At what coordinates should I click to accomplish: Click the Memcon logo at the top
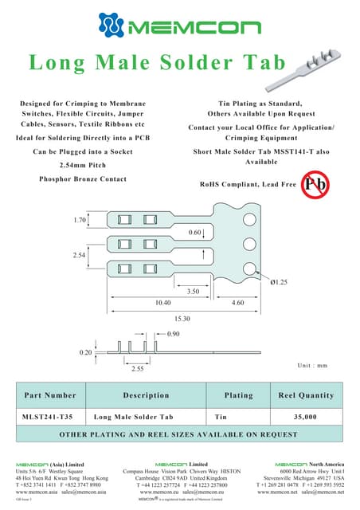(x=180, y=28)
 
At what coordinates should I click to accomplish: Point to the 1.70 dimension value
(x=80, y=219)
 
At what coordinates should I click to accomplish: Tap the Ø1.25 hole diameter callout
(x=280, y=284)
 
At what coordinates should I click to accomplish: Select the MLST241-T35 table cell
(x=49, y=417)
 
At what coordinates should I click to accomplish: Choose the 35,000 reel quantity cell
(x=306, y=417)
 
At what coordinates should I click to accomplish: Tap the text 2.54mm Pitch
(x=83, y=165)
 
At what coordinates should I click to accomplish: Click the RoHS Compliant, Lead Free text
(x=247, y=184)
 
